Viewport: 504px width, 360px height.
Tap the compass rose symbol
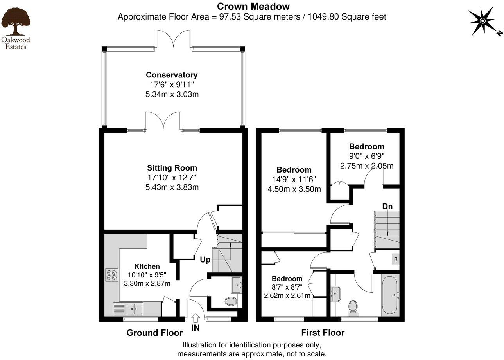(x=482, y=21)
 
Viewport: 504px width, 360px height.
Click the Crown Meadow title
(x=253, y=6)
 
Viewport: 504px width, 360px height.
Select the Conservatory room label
(x=172, y=75)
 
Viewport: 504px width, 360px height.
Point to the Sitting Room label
(x=172, y=168)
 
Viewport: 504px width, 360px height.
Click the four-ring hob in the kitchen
(x=111, y=275)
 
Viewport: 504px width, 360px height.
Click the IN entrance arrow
(x=196, y=318)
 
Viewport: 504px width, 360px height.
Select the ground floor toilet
(x=231, y=301)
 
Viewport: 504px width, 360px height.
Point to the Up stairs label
(x=205, y=260)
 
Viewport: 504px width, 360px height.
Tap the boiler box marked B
(x=395, y=259)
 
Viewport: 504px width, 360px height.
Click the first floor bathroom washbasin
(x=335, y=293)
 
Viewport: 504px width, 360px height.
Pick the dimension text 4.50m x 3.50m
(x=294, y=189)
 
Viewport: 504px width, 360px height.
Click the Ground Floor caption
(x=154, y=333)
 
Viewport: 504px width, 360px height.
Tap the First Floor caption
(x=323, y=333)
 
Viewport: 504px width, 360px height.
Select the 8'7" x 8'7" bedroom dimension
(x=287, y=287)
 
